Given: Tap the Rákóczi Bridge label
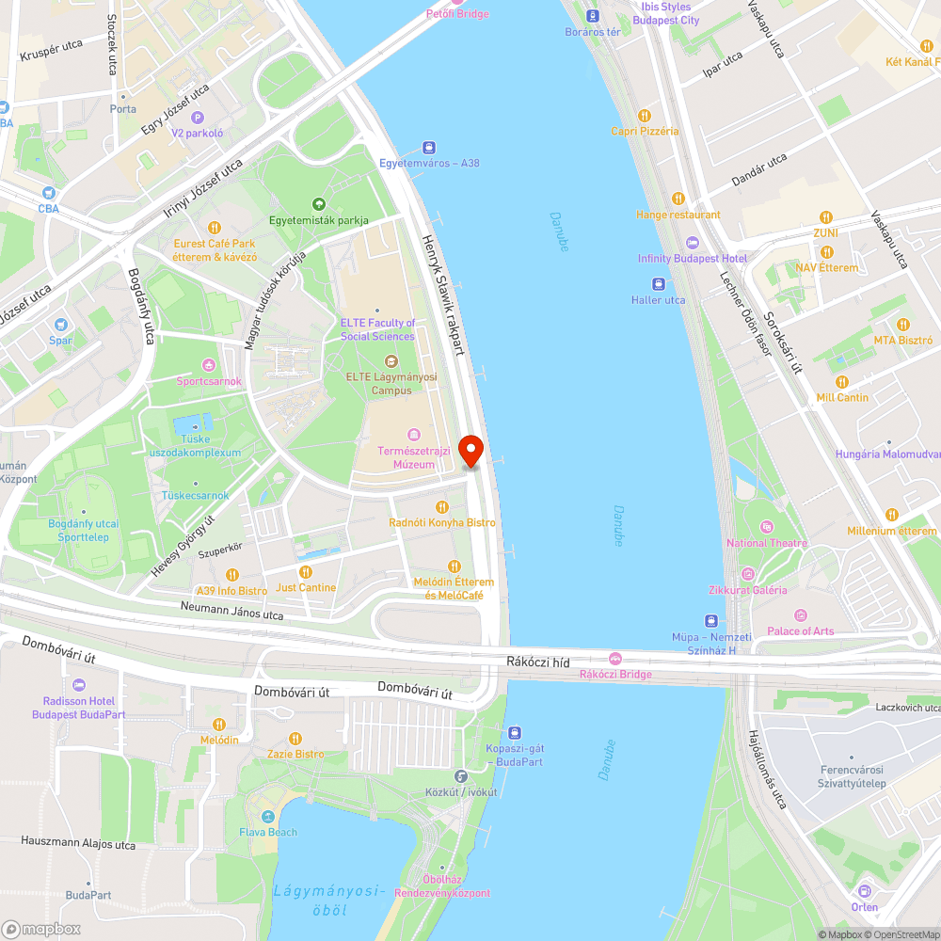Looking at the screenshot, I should (616, 674).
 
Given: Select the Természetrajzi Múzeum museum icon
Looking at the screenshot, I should (413, 433).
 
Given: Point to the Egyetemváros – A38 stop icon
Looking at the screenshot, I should (429, 147).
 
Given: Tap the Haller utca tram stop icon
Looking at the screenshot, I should (659, 283).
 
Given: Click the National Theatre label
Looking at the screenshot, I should (766, 543).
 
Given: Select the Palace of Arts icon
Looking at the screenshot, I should (800, 614).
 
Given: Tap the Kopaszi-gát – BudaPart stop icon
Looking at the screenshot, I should (515, 732).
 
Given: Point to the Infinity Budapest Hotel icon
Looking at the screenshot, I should (693, 243).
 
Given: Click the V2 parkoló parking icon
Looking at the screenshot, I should (197, 118).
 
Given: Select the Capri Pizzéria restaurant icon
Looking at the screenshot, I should (645, 115).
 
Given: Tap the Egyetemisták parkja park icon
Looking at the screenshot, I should (318, 204).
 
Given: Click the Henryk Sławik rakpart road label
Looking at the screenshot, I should (443, 295).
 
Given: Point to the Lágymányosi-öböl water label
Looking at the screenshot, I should (329, 901).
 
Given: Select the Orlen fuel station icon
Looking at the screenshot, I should (864, 891).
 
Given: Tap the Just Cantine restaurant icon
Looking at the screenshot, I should (305, 571).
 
